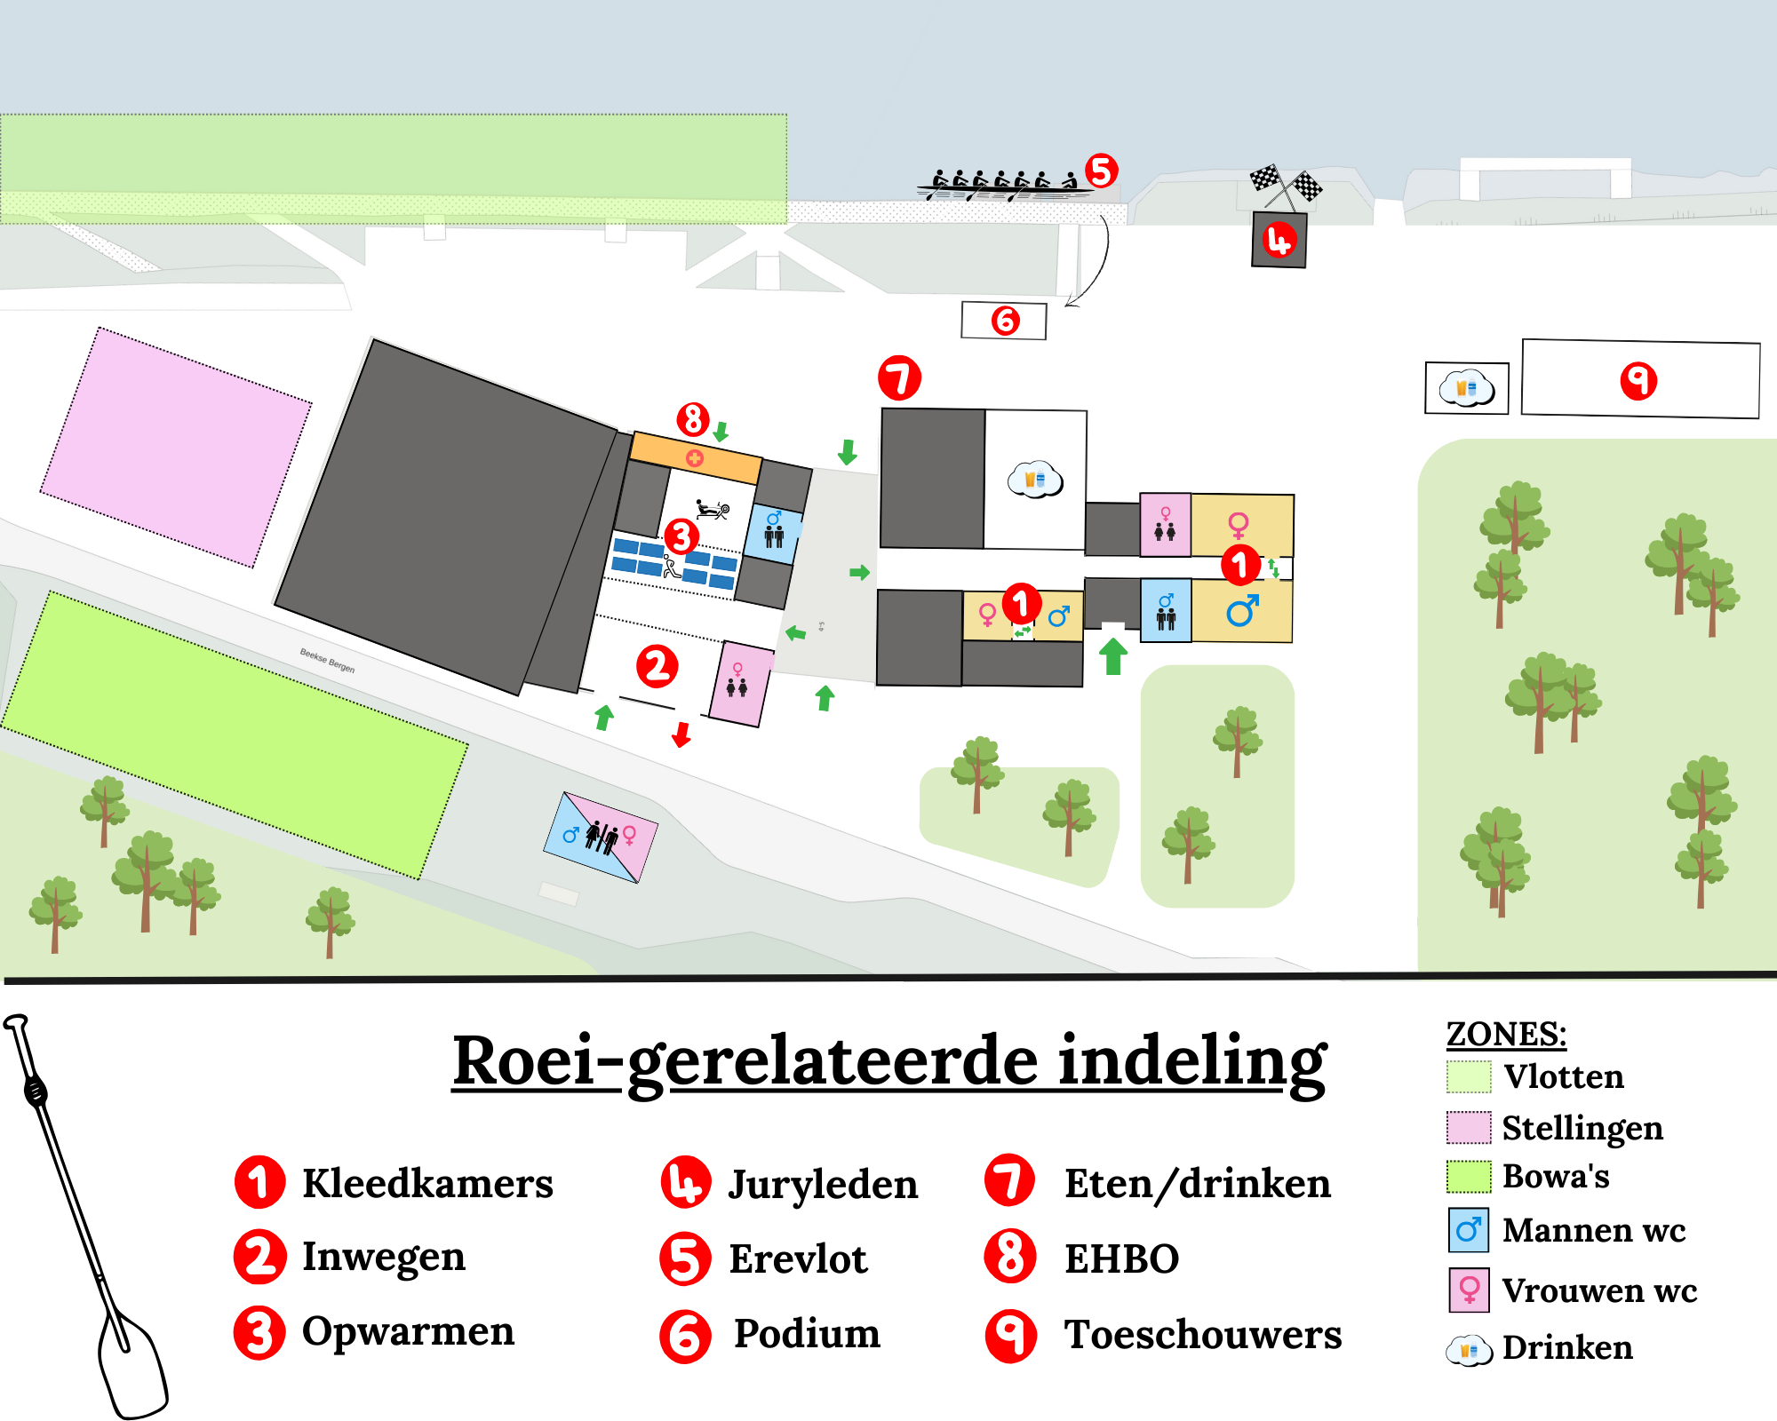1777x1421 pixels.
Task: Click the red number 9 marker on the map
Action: (x=1638, y=381)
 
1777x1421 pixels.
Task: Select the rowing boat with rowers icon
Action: (x=1005, y=185)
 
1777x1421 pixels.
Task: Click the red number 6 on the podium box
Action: (x=1005, y=321)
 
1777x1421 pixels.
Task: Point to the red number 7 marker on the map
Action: (x=899, y=378)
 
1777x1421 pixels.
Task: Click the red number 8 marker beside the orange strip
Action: (x=693, y=419)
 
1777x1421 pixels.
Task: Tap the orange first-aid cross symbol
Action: (x=695, y=458)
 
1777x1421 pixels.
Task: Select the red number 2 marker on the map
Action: (x=657, y=666)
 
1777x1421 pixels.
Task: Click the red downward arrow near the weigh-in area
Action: (x=681, y=734)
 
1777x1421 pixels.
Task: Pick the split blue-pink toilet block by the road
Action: (x=601, y=838)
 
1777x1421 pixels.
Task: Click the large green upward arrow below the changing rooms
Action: (x=1113, y=656)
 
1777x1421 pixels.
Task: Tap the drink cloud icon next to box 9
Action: (x=1467, y=388)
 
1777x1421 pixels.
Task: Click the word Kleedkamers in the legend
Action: (x=427, y=1183)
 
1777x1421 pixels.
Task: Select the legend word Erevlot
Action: (x=798, y=1258)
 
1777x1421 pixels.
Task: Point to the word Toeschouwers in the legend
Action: (x=1203, y=1334)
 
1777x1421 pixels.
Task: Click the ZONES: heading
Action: (x=1506, y=1034)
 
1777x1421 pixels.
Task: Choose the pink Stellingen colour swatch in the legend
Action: (x=1469, y=1128)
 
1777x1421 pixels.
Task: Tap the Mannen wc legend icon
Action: (x=1469, y=1230)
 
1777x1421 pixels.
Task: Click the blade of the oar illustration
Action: (x=131, y=1364)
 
